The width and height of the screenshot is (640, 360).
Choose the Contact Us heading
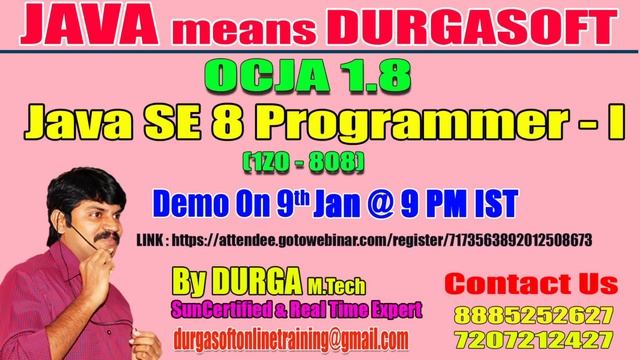pos(530,280)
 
